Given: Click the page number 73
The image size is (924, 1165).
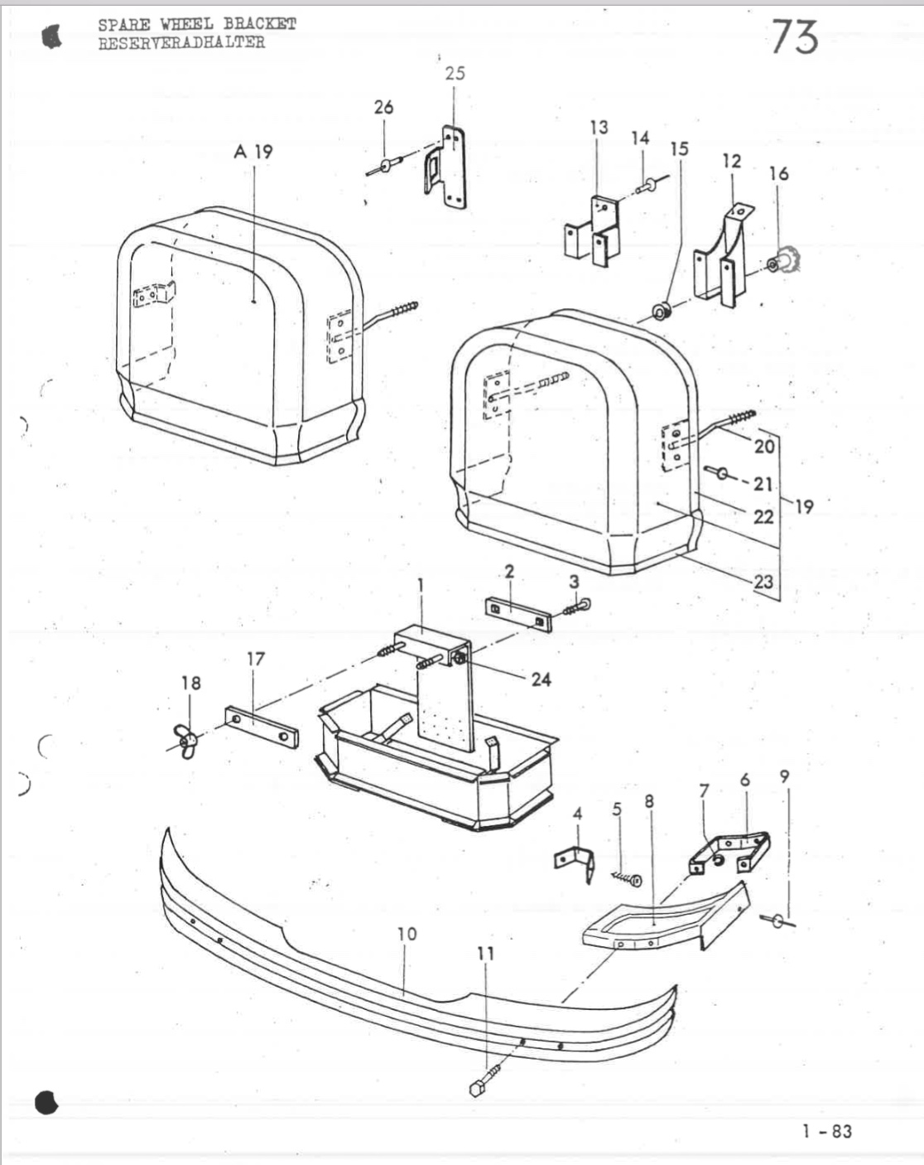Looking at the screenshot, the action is [795, 36].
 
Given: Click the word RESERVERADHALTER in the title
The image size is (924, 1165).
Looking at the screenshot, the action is [182, 43].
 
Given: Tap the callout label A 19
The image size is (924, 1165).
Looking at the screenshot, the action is [253, 152].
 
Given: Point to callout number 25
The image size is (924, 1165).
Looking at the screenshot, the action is [455, 73].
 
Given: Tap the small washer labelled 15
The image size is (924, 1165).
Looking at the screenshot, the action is [661, 312].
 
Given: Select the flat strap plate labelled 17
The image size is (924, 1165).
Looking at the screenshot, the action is [262, 727].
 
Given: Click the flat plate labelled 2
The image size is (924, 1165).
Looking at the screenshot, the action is [519, 614].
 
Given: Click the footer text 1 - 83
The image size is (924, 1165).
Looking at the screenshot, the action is [827, 1131].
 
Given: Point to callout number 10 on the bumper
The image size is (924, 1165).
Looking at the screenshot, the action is [407, 934].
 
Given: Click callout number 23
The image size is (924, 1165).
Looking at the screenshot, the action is [763, 582].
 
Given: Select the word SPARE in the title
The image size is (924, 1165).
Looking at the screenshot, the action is [124, 25].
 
